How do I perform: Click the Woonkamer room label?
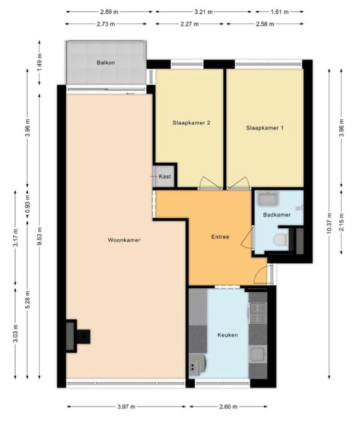(x=124, y=240)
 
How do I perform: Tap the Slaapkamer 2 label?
(x=192, y=123)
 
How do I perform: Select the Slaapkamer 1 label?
(x=265, y=128)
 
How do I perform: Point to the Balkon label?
(x=106, y=62)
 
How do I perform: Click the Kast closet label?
(x=165, y=177)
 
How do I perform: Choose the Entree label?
(x=220, y=237)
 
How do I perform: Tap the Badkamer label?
(x=277, y=215)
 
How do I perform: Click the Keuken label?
(x=228, y=335)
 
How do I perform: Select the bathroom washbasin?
(x=268, y=198)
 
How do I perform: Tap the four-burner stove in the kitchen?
(x=258, y=313)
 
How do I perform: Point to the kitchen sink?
(x=258, y=354)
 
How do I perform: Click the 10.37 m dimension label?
(x=330, y=223)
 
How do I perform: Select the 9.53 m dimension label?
(x=40, y=237)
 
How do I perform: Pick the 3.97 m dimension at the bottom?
(x=126, y=407)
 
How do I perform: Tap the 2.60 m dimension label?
(x=228, y=407)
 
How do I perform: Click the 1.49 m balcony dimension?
(x=40, y=62)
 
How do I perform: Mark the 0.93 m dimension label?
(x=27, y=203)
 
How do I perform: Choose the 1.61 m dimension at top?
(x=279, y=12)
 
